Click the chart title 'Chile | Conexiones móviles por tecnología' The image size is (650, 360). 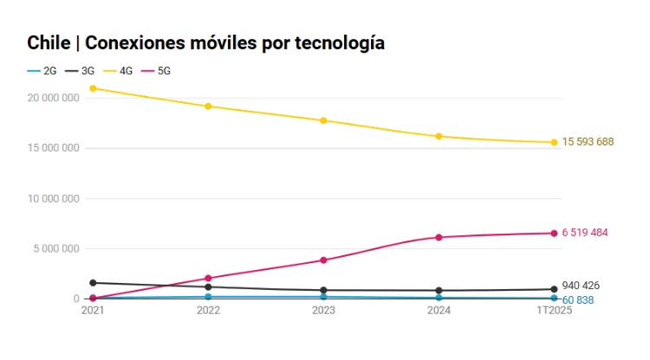point(205,42)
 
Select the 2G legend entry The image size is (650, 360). point(42,71)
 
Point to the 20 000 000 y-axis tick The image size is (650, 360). point(54,98)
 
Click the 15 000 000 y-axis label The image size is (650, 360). point(54,148)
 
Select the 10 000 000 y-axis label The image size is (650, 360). point(54,198)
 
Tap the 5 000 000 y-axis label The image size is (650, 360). point(56,248)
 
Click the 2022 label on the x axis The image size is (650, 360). point(208,309)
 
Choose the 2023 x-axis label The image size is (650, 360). point(323,309)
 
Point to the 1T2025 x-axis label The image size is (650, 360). point(554,309)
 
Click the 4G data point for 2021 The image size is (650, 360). point(93,88)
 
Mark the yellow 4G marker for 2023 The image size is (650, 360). point(323,120)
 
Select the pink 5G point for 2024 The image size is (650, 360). point(439,237)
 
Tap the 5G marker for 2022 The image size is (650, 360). point(208,279)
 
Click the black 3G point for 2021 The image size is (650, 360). point(93,283)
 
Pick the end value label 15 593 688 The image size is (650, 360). point(588,142)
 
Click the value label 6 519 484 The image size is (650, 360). point(585,233)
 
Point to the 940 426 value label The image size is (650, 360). point(581,286)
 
